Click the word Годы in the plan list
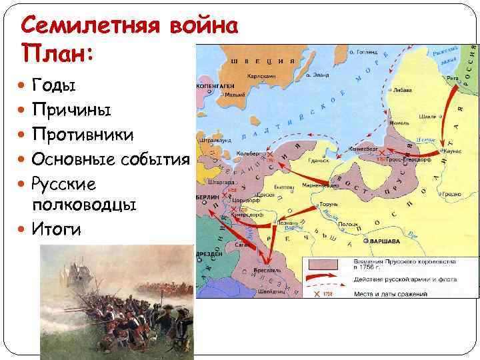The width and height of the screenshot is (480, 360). tap(54, 85)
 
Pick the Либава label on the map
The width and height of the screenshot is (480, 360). tap(402, 89)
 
